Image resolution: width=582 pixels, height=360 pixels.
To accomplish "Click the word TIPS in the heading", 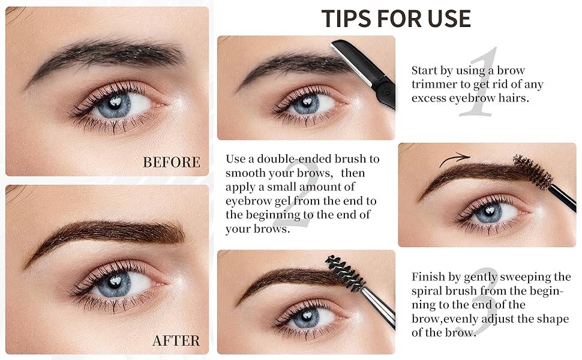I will (x=346, y=19).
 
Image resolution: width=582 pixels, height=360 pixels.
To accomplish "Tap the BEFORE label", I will (x=172, y=162).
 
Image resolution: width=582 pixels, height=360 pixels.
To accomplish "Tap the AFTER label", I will (x=176, y=341).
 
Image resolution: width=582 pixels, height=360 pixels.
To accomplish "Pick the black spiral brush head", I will (x=345, y=273).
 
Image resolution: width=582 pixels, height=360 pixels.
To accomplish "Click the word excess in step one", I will (x=430, y=97).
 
